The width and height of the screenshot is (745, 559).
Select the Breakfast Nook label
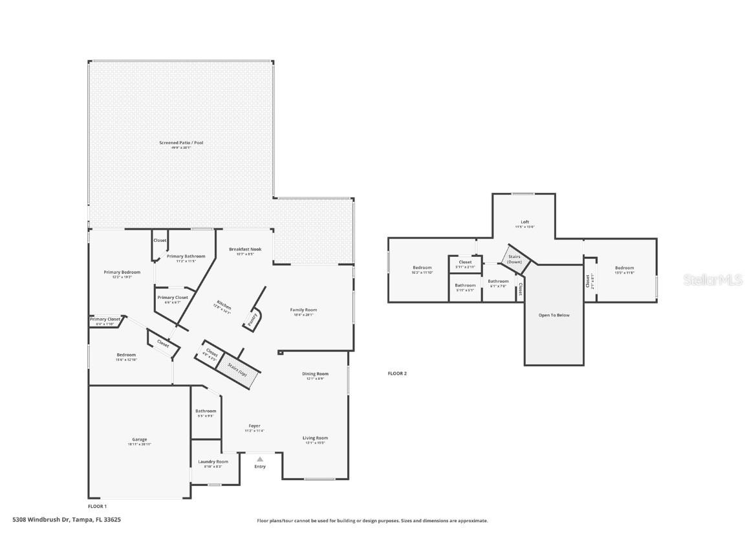[x=245, y=249]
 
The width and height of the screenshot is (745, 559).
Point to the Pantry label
[x=253, y=318]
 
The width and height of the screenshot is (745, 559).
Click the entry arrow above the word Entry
[x=260, y=459]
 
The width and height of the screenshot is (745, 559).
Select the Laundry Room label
[x=213, y=462]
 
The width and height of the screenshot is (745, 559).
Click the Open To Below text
[x=554, y=315]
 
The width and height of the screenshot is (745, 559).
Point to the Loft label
[x=524, y=222]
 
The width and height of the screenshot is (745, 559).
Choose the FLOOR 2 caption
[x=397, y=373]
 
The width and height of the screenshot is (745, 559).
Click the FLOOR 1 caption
[x=97, y=506]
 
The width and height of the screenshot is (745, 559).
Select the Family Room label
[x=303, y=310]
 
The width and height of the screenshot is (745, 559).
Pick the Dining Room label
[x=316, y=374]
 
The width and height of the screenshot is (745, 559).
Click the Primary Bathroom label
[x=186, y=256]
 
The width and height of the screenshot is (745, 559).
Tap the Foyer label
[x=254, y=426]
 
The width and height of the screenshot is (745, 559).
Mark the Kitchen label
[x=224, y=307]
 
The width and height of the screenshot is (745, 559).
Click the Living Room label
[x=315, y=438]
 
